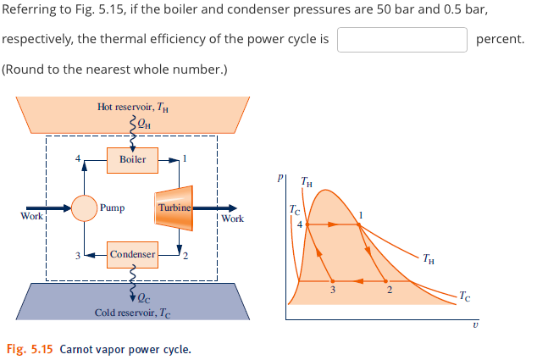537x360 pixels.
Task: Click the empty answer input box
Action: (402, 39)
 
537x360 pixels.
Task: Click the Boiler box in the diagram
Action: (132, 159)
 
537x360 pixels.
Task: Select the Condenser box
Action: (132, 253)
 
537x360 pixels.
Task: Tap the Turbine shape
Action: (174, 207)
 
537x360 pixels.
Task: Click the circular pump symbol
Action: (84, 207)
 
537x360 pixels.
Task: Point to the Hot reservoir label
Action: (133, 107)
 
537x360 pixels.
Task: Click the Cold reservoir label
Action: (133, 313)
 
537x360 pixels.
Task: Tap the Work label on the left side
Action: (31, 217)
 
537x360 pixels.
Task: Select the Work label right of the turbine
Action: (232, 219)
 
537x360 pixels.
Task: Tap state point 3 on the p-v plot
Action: (332, 280)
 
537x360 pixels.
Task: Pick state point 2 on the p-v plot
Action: (389, 280)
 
